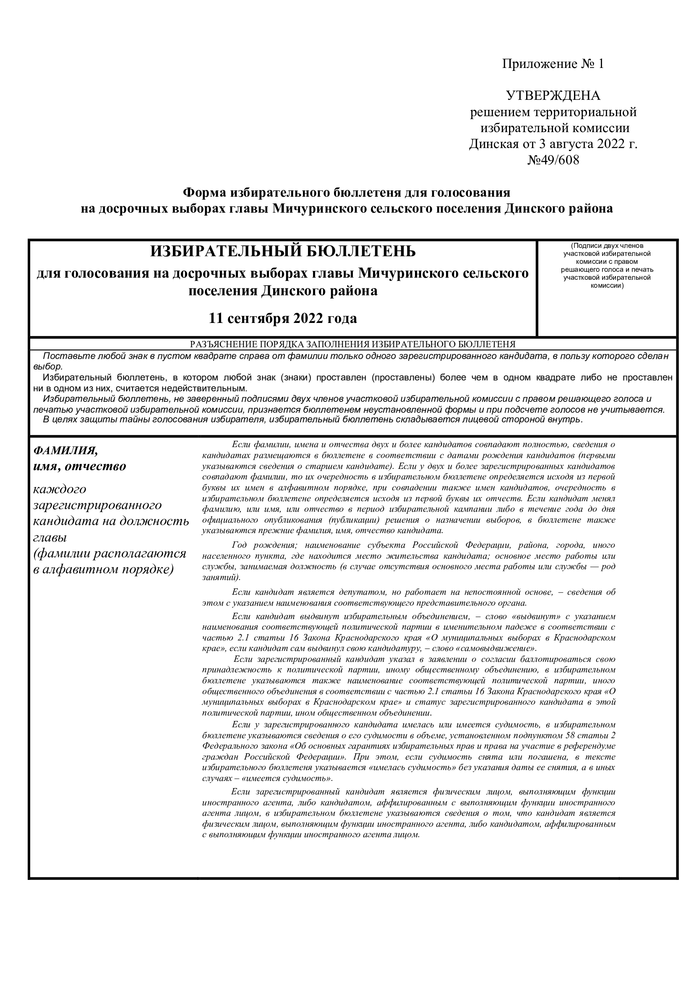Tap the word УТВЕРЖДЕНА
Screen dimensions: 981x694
[x=553, y=95]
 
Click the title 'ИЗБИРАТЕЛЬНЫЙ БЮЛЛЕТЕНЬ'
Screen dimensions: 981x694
[x=282, y=251]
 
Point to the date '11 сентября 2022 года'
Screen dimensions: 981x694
[x=282, y=318]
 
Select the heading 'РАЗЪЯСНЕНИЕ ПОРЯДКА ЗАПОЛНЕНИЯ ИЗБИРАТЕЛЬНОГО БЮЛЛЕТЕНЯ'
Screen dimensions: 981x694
[x=352, y=344]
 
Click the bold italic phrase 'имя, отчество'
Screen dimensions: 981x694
[x=79, y=466]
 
